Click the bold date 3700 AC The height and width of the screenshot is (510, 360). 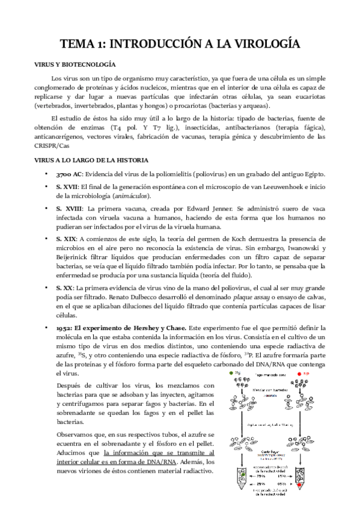point(69,174)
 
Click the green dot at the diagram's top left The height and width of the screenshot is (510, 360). point(230,374)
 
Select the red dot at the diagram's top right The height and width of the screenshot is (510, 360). point(300,374)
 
